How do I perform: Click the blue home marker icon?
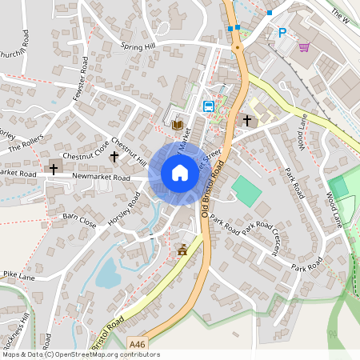click(180, 173)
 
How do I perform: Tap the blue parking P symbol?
click(282, 33)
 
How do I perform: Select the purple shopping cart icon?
click(304, 47)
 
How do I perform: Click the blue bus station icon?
click(209, 106)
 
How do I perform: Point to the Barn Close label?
click(80, 220)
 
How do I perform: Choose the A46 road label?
click(137, 344)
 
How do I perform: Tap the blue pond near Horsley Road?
click(108, 272)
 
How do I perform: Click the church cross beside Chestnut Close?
click(114, 156)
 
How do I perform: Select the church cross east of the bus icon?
click(247, 121)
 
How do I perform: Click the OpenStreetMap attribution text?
click(81, 354)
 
